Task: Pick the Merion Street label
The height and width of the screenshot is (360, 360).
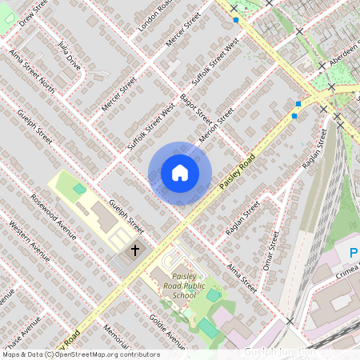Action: [215, 124]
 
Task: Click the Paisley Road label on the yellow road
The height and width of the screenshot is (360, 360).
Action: [238, 171]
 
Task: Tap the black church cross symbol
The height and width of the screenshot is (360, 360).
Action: [135, 250]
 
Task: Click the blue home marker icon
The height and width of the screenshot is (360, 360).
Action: [180, 173]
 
